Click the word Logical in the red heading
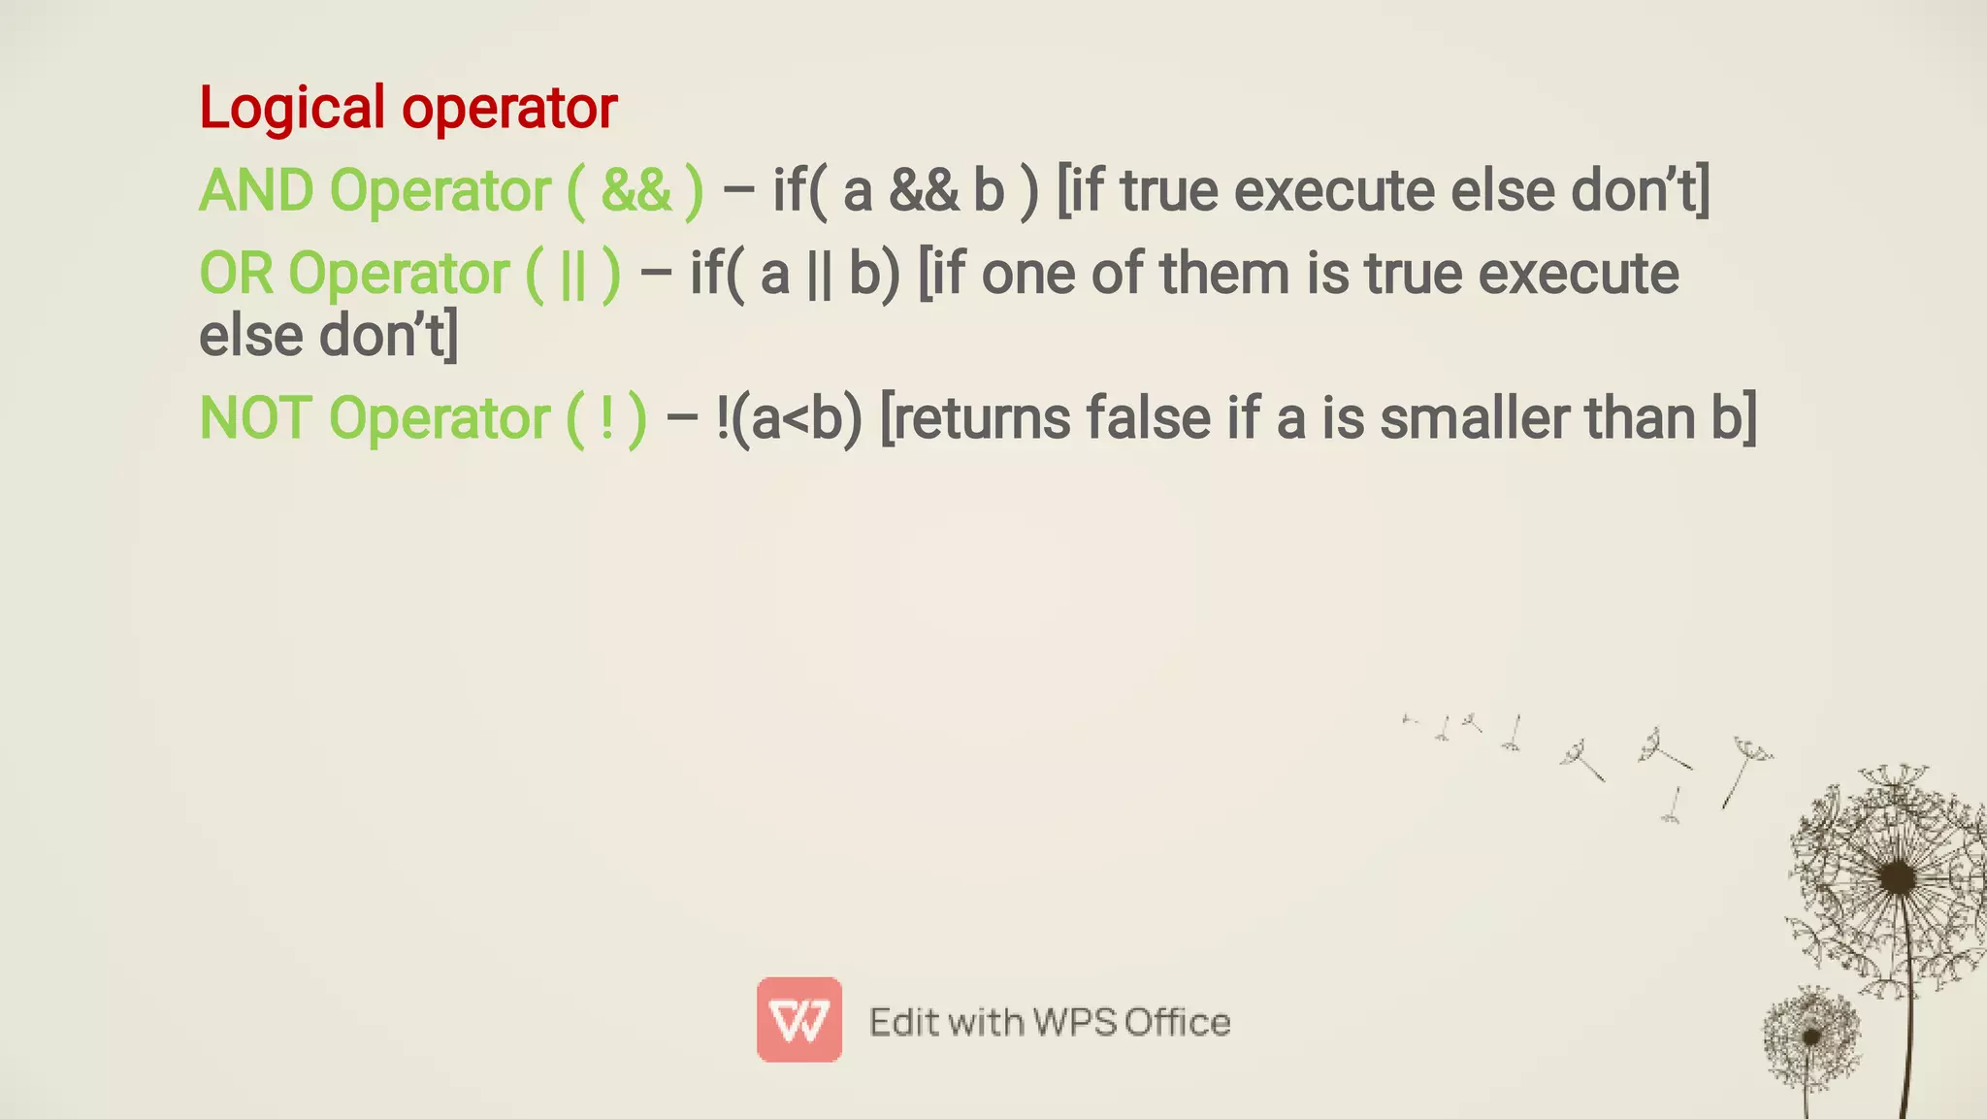(292, 108)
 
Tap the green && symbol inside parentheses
(635, 190)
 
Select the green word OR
(236, 274)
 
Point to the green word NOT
(255, 418)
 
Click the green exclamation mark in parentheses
(607, 419)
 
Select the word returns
(980, 418)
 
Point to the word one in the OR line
(1027, 274)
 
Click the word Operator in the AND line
(440, 190)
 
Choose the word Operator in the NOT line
(440, 418)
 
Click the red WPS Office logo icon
(799, 1019)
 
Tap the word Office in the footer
(1178, 1022)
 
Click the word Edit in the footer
(902, 1022)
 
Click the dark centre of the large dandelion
(1896, 878)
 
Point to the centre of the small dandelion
(1810, 1037)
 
